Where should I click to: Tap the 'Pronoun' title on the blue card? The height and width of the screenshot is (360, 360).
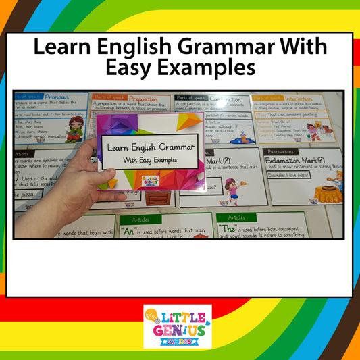pyautogui.click(x=57, y=97)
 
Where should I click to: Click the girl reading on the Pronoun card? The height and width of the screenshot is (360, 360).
pyautogui.click(x=75, y=128)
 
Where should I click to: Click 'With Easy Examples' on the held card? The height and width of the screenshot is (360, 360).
pyautogui.click(x=151, y=160)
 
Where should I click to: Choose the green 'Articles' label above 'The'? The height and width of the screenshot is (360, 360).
pyautogui.click(x=236, y=217)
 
